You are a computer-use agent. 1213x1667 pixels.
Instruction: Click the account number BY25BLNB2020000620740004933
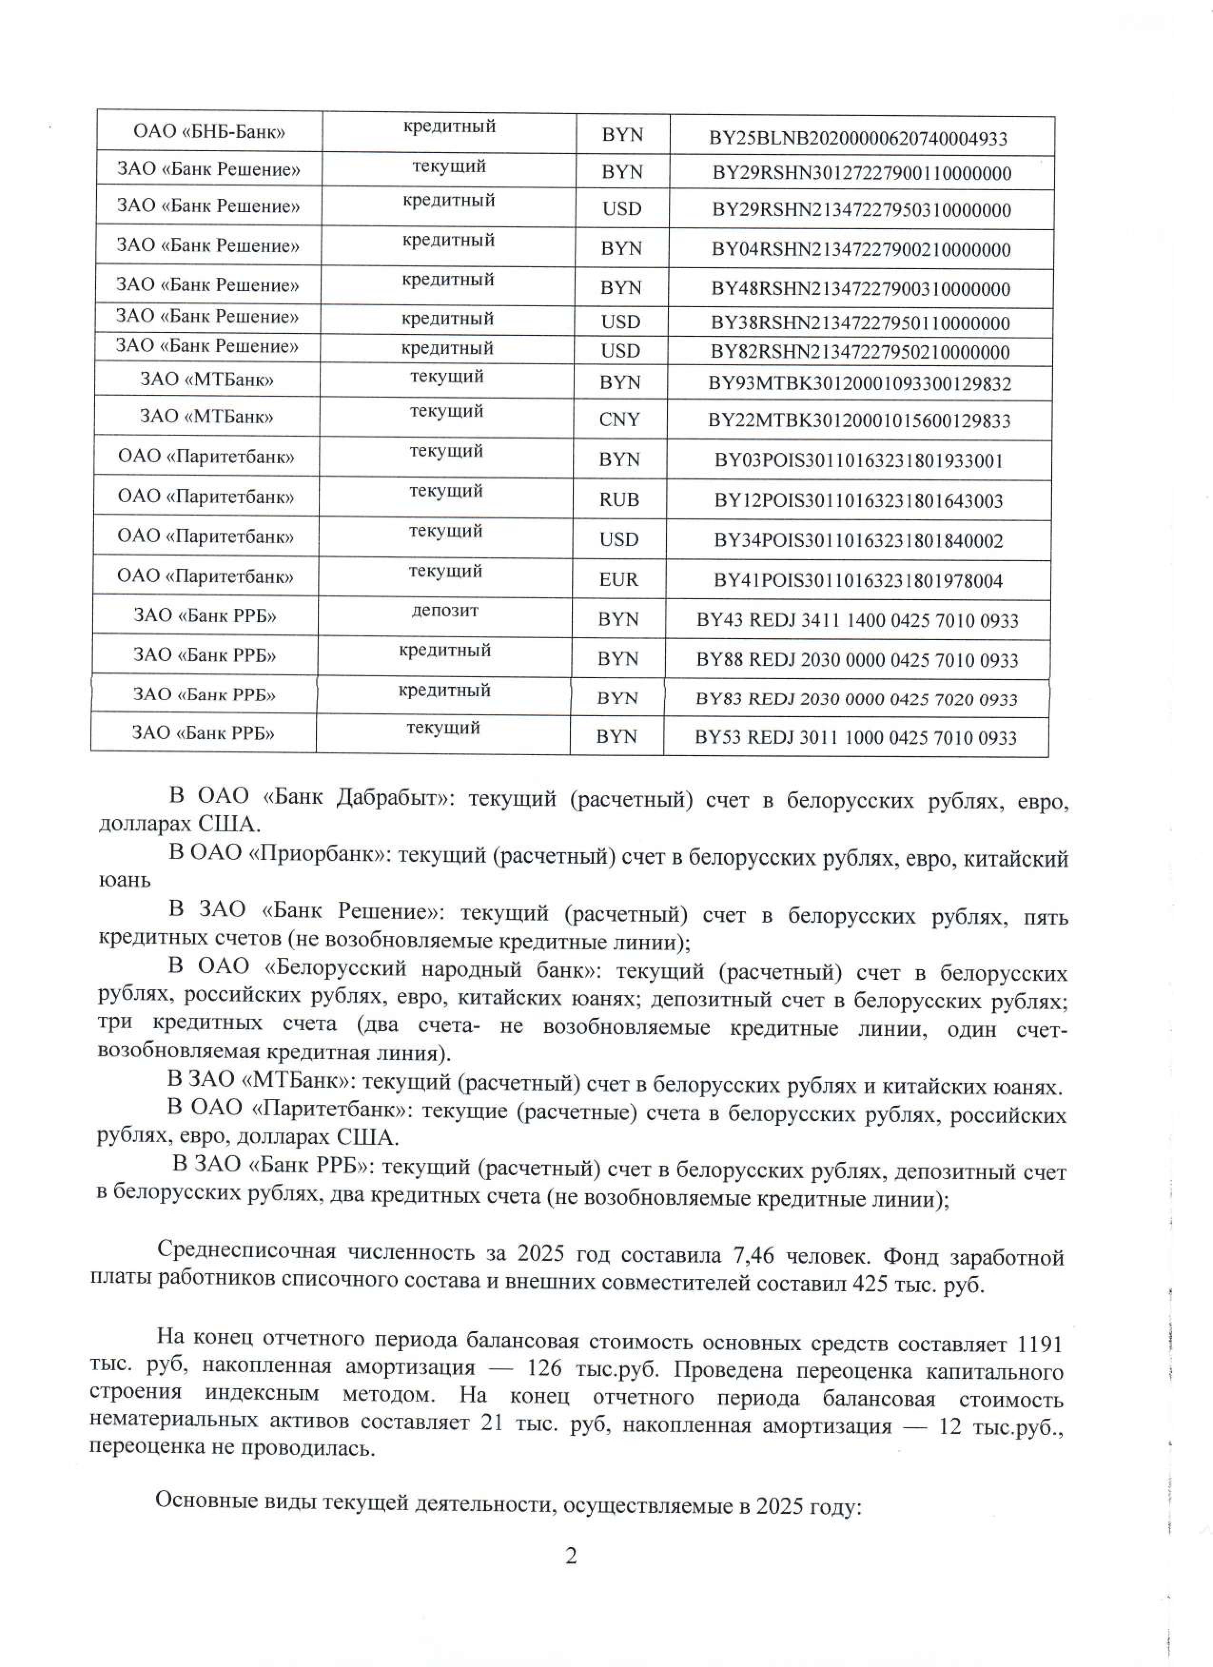857,138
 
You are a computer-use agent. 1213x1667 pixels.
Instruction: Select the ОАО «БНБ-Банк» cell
209,132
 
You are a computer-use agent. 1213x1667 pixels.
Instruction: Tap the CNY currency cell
619,419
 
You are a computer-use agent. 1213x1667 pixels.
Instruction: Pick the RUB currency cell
619,500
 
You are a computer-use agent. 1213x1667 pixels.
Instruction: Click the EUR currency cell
618,580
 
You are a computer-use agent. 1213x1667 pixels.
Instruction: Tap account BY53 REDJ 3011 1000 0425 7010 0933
855,737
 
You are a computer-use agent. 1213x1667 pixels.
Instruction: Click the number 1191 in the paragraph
1038,1345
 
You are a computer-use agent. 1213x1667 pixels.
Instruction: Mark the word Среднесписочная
246,1252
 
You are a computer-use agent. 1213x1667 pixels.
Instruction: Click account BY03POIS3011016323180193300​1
859,461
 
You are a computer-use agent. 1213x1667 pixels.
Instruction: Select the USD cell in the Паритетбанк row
619,539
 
